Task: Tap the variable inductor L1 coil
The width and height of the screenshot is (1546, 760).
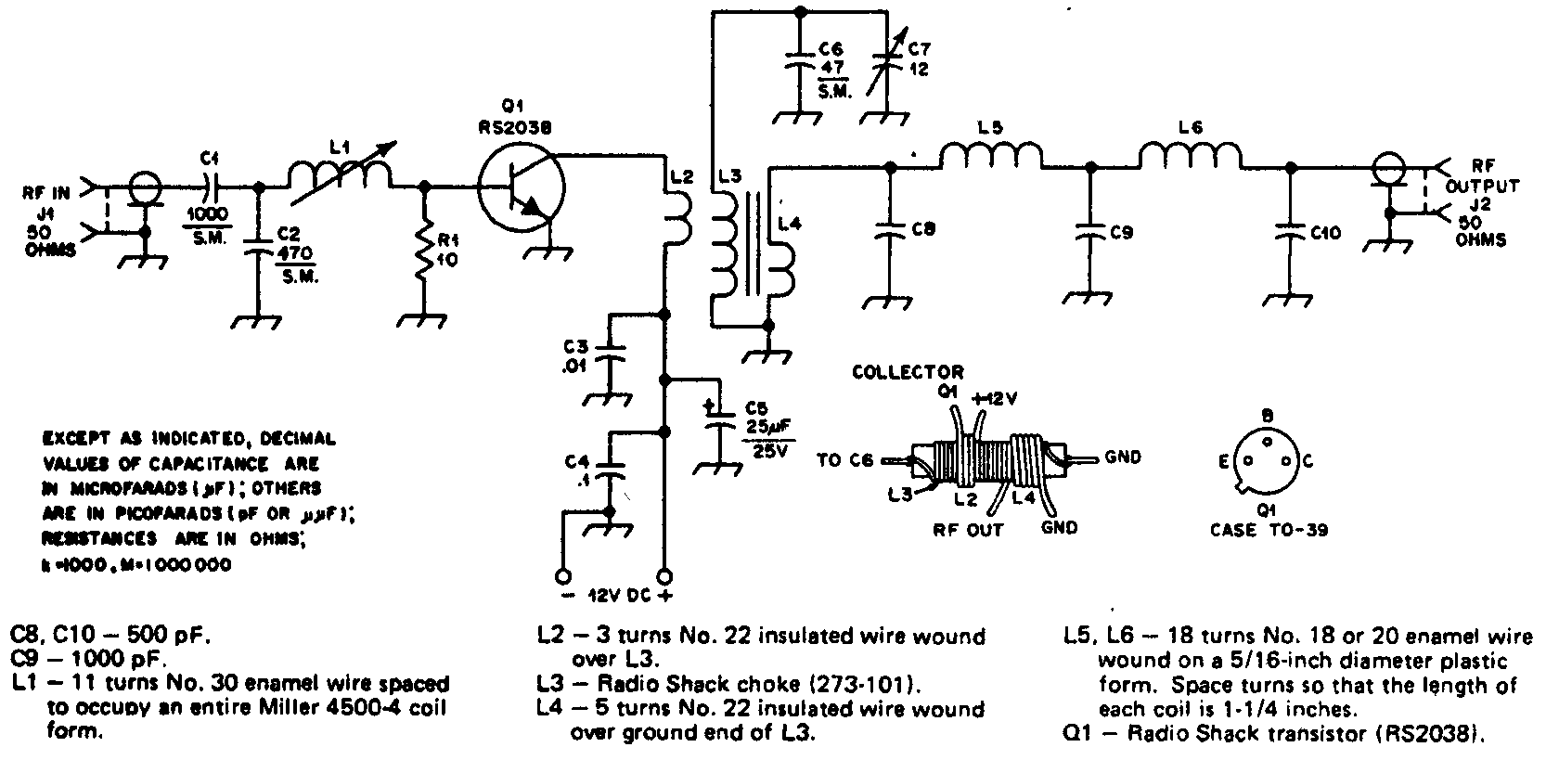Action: (340, 174)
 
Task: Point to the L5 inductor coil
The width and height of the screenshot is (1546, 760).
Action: (991, 156)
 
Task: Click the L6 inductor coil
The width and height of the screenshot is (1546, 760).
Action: (1190, 156)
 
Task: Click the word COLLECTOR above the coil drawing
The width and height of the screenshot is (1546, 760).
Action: (908, 373)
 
